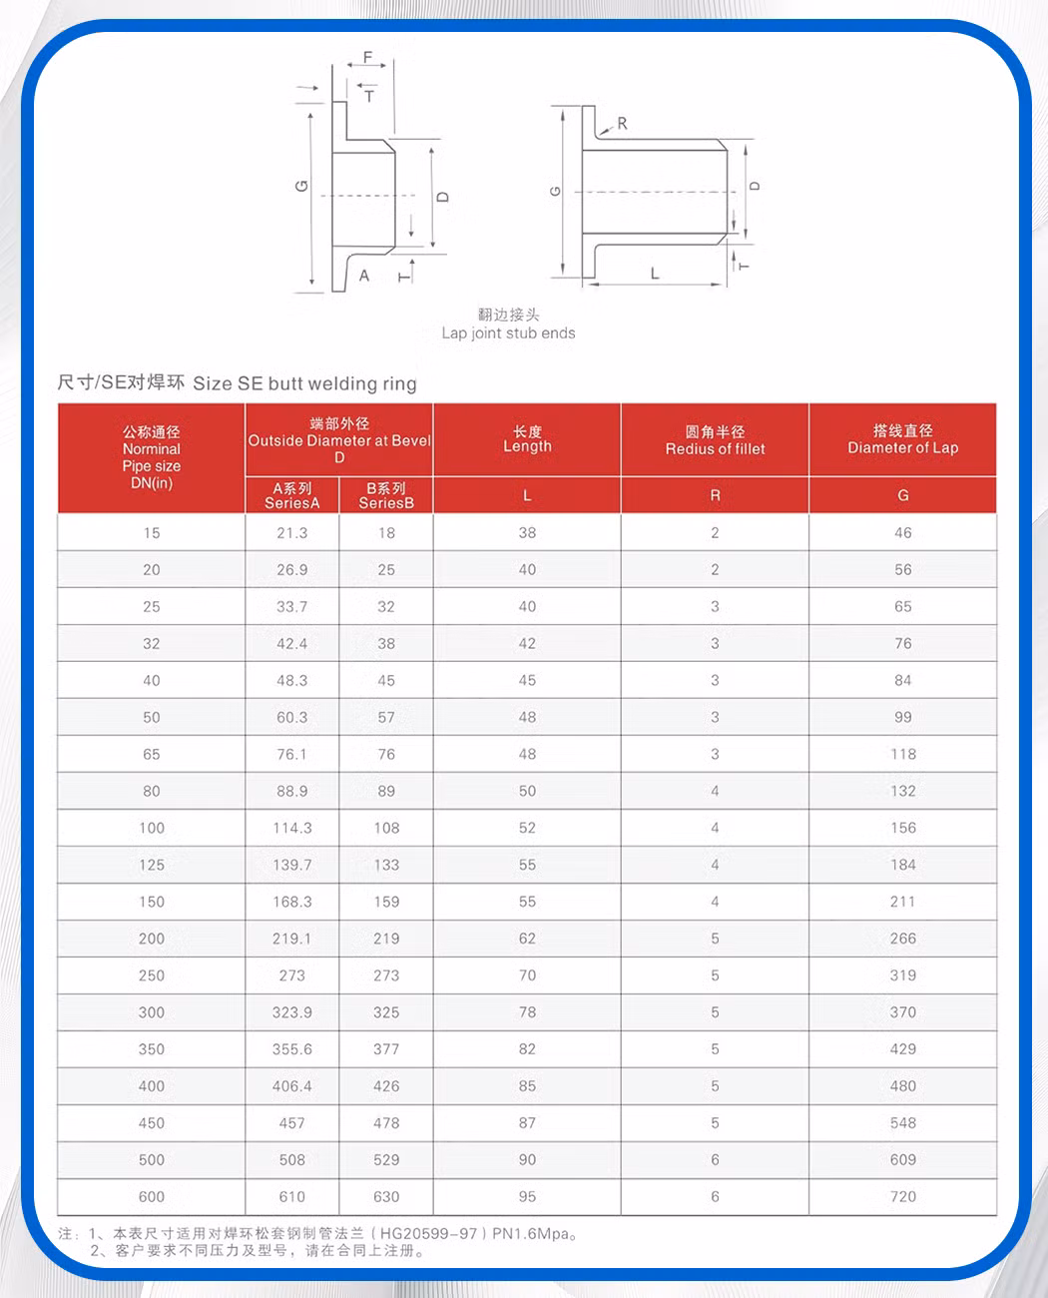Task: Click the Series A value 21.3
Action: coord(292,533)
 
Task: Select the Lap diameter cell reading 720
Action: coord(903,1196)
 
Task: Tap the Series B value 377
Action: coord(386,1049)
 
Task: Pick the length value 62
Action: coord(527,939)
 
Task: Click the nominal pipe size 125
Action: coord(152,865)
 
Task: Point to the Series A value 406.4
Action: coord(292,1086)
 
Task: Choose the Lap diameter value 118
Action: coord(903,754)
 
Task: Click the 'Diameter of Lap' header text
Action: coord(903,447)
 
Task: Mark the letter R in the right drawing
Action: coord(623,124)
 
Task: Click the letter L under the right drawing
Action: coord(655,273)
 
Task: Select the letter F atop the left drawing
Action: coord(367,58)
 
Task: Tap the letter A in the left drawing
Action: coord(364,276)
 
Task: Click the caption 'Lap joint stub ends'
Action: coord(508,333)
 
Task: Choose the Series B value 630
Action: coord(386,1196)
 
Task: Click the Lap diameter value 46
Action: coord(903,533)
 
